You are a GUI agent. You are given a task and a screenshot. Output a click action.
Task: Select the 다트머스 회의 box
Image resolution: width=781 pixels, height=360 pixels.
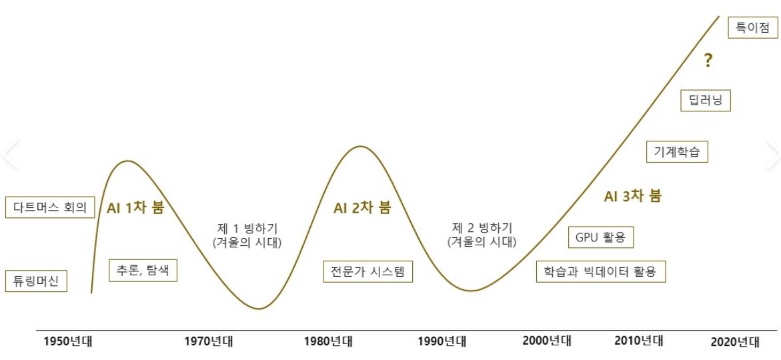tap(50, 207)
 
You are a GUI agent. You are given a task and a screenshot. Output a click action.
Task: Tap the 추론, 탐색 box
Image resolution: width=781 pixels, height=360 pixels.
tap(143, 270)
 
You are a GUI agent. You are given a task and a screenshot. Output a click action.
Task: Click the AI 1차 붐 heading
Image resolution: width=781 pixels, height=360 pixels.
tap(135, 207)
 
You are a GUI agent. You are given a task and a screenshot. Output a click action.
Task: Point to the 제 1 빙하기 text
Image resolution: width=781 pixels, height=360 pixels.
tap(247, 227)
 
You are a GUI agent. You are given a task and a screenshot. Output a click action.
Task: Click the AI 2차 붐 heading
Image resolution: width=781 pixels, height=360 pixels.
tap(362, 207)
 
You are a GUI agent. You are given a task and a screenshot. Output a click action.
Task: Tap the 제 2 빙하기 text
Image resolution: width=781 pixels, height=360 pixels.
tap(482, 227)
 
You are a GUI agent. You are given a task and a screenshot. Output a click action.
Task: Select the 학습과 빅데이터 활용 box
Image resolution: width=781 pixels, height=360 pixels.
tap(600, 271)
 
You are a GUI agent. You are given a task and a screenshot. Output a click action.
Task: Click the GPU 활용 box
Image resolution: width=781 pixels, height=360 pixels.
tap(600, 237)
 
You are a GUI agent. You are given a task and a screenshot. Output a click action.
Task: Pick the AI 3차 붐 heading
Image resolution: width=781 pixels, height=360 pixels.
tap(633, 196)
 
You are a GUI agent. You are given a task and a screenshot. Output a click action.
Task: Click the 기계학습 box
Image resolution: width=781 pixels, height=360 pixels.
tap(677, 151)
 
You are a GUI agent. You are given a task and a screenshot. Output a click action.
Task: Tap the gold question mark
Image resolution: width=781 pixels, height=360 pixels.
tap(708, 61)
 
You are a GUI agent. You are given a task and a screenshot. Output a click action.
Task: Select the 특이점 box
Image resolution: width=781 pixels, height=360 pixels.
tap(752, 28)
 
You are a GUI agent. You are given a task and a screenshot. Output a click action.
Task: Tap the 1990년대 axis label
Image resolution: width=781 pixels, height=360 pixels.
tap(442, 342)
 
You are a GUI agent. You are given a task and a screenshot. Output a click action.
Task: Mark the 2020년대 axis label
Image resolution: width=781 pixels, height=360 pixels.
tap(735, 342)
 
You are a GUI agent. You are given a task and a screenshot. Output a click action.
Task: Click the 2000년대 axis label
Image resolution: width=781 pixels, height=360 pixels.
tap(547, 341)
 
